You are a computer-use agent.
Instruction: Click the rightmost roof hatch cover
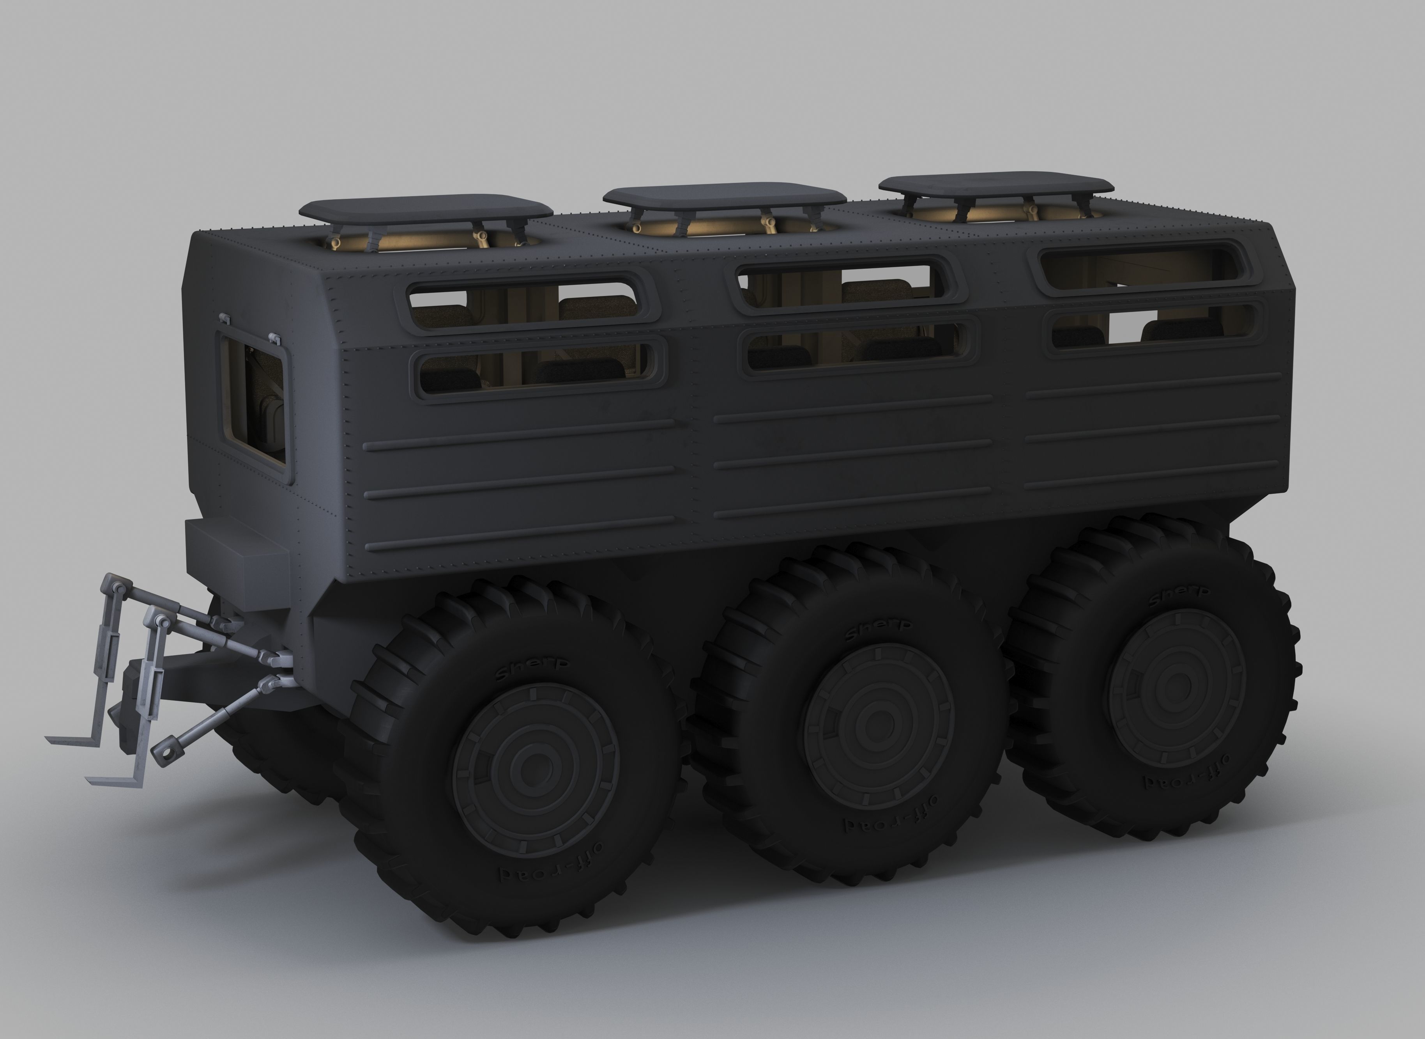[x=996, y=183]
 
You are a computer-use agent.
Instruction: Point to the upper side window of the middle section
[x=842, y=285]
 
